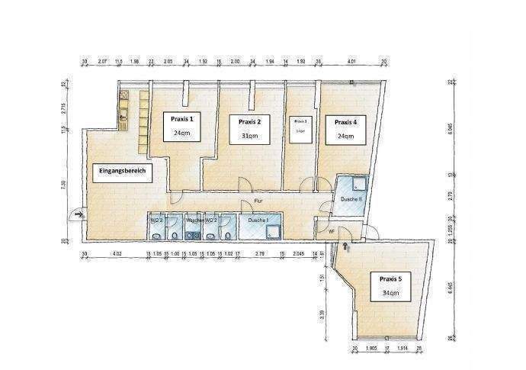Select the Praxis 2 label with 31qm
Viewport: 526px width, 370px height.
tap(249, 128)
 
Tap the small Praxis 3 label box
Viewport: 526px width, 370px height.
tap(300, 125)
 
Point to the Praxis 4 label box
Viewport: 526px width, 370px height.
tap(345, 128)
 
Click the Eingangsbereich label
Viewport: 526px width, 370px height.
tap(122, 172)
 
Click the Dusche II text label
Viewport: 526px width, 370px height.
tap(351, 200)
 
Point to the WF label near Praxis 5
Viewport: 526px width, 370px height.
tap(331, 231)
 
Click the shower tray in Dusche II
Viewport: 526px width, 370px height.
tap(356, 185)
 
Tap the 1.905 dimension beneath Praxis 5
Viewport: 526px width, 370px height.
tap(371, 349)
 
